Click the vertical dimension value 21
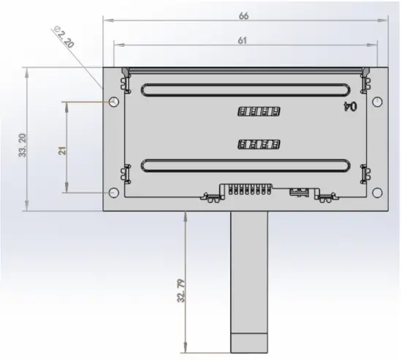click(63, 149)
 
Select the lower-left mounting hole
click(114, 192)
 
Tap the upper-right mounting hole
click(376, 102)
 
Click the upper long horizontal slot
click(244, 90)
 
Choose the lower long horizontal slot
click(244, 165)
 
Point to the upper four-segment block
click(259, 112)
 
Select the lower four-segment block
click(259, 144)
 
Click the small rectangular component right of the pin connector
click(298, 192)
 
